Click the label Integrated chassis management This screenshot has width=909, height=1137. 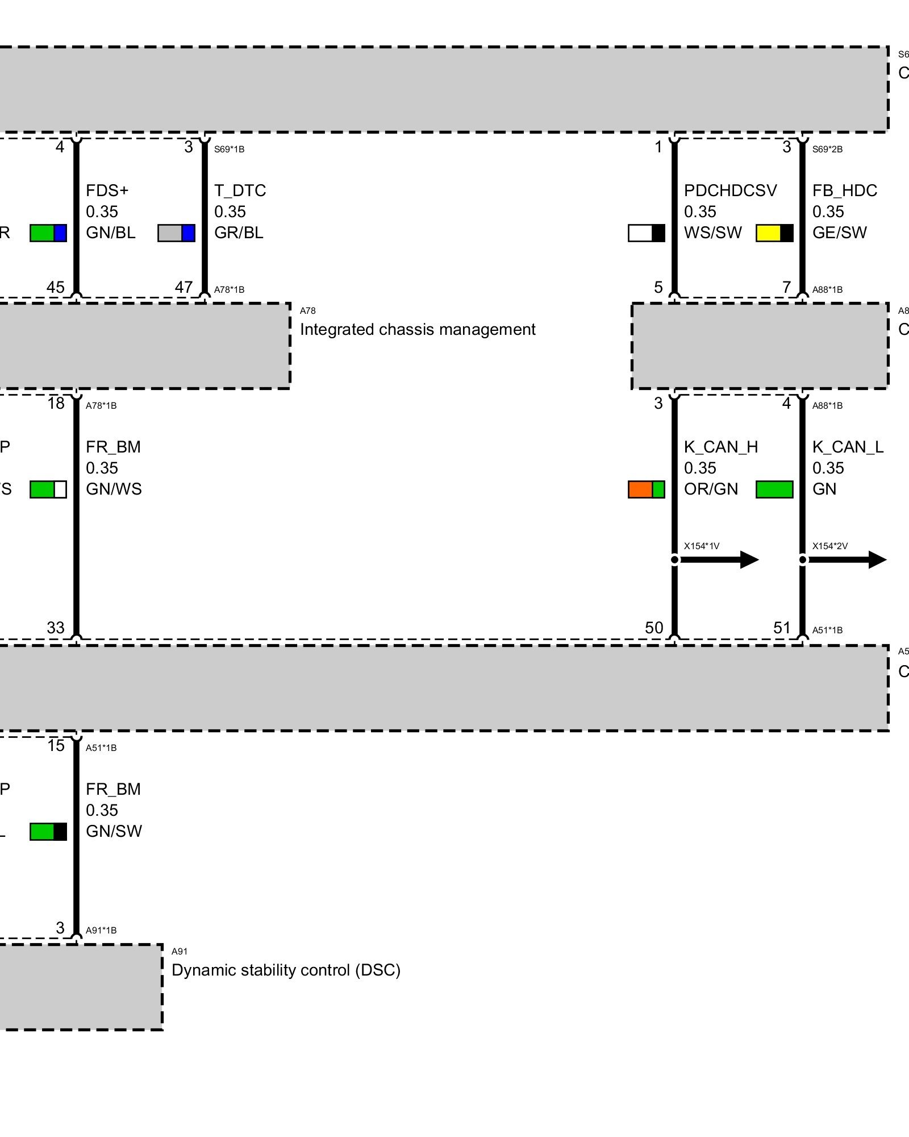418,330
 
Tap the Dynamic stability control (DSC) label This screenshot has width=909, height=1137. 286,970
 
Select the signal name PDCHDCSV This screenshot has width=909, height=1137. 730,190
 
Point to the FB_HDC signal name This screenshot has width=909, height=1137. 844,190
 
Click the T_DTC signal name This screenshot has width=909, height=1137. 240,190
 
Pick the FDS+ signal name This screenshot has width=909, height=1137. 107,190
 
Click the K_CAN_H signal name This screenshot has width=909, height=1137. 720,447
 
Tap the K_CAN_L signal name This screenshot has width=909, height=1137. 848,447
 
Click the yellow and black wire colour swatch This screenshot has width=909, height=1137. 774,233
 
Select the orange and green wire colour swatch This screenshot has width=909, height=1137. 646,489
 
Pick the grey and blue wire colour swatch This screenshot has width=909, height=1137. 176,233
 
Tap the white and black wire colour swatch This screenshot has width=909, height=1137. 646,233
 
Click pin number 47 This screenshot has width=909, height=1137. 184,287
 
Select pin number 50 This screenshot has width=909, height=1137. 654,628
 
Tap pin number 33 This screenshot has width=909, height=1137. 56,628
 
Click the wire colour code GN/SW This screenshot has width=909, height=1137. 114,831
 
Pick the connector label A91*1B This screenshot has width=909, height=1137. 101,931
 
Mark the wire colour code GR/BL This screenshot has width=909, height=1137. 239,233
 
